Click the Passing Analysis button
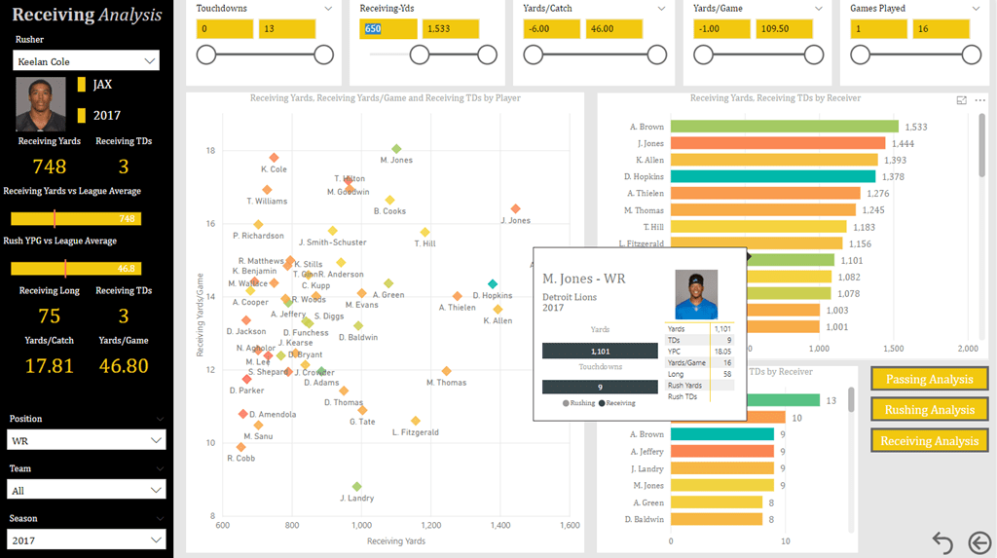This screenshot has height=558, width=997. click(x=929, y=379)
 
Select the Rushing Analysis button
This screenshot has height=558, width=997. click(x=929, y=410)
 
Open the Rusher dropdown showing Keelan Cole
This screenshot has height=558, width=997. click(x=87, y=61)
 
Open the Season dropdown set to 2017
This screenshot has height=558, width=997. click(x=87, y=539)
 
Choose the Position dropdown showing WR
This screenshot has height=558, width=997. click(x=87, y=440)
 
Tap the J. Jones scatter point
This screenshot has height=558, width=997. click(x=515, y=208)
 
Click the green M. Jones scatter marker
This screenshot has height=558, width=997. click(x=396, y=148)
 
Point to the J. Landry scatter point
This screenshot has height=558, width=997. click(x=356, y=486)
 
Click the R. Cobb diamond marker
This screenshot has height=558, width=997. click(x=240, y=447)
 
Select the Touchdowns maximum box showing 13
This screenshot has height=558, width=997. click(x=286, y=28)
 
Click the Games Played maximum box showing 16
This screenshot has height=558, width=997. click(x=942, y=28)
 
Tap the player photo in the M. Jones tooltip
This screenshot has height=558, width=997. click(x=696, y=294)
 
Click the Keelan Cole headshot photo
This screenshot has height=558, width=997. click(x=40, y=104)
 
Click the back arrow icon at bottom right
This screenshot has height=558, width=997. click(x=942, y=542)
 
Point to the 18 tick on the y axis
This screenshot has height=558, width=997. click(x=210, y=150)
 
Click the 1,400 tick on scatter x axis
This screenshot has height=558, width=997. click(x=500, y=526)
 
